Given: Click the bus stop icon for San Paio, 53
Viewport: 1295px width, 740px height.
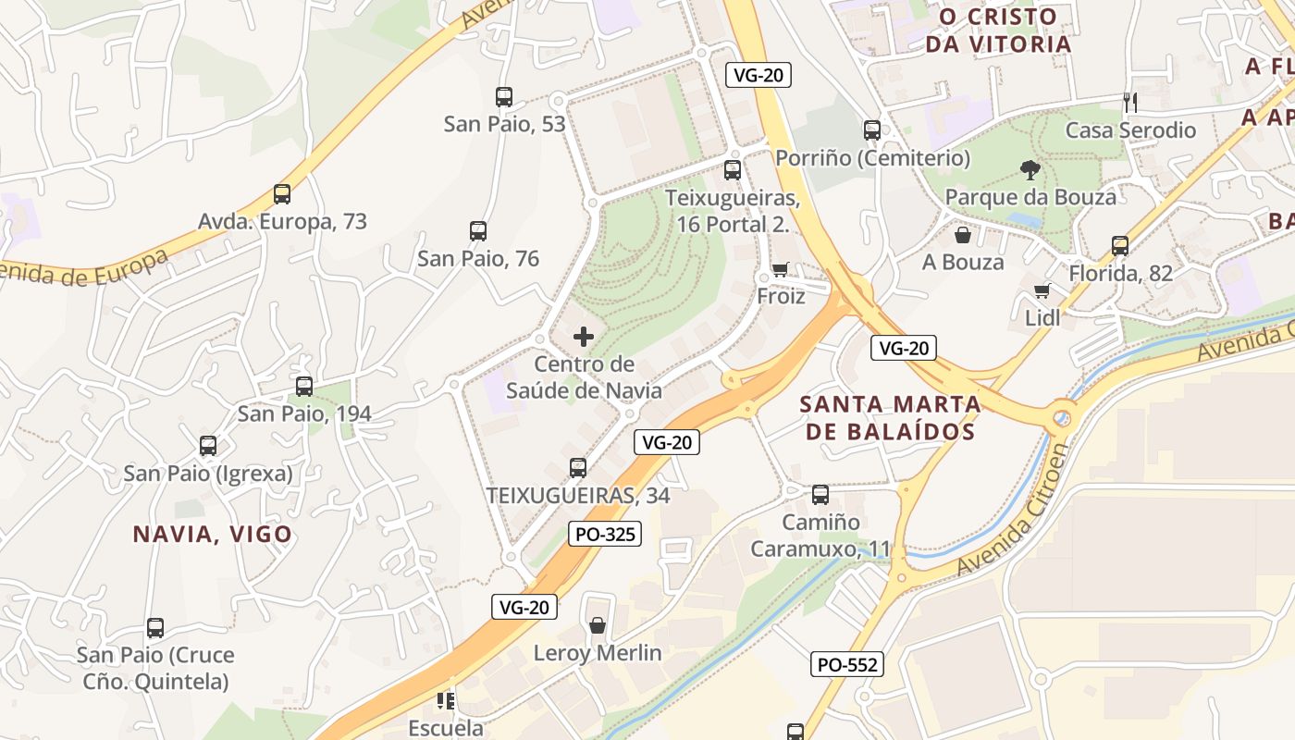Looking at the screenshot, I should point(504,96).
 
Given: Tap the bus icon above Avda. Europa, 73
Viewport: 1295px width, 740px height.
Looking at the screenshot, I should point(282,194).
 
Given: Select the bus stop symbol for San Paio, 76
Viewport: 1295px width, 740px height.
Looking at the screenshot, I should point(478,231).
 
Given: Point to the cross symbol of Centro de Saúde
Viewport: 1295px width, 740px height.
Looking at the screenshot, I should point(584,336).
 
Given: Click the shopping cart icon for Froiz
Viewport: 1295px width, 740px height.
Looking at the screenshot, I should point(780,269).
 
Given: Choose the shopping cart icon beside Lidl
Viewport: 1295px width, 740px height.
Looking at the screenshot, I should point(1042,290).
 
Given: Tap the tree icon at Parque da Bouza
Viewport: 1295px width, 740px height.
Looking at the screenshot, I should point(1030,169).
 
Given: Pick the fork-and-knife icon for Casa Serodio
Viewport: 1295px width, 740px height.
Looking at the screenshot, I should point(1129,102).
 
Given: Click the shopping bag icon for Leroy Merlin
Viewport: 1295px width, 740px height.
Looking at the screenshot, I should point(598,625).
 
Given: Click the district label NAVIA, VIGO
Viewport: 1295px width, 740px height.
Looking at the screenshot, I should point(213,534).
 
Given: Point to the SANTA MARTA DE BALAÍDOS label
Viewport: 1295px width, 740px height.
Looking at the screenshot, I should point(890,417).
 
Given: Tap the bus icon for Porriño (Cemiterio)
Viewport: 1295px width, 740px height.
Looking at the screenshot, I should point(872,130).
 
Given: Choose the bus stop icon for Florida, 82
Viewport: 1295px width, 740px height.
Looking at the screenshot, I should point(1120,246).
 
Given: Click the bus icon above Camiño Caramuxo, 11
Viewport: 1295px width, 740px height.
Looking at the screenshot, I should point(820,495).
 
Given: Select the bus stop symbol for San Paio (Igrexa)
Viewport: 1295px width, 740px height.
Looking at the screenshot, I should point(208,446).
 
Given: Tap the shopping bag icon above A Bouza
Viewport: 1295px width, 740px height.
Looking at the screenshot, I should point(963,235).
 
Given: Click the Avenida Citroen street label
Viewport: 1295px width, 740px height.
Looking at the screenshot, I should point(1015,509).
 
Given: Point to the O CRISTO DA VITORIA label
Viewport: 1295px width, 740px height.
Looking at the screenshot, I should point(1005,30).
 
